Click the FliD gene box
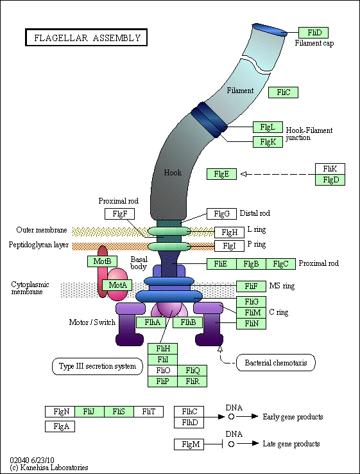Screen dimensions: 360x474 (313, 33)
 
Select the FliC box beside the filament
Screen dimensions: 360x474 (283, 92)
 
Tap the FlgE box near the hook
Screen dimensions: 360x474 (221, 174)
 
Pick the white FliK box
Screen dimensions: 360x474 (330, 169)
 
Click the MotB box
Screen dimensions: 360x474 (102, 261)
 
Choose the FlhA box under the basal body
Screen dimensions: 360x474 (151, 322)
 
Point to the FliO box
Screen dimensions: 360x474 (162, 371)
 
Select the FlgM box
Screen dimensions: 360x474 (189, 444)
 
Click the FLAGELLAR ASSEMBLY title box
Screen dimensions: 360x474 (87, 37)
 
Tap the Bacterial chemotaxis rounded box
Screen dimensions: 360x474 (275, 362)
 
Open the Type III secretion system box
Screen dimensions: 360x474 (98, 366)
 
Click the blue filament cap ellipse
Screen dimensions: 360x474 (270, 30)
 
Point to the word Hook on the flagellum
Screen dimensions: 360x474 (173, 173)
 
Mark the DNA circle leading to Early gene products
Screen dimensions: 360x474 (231, 417)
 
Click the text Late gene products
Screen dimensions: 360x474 (291, 444)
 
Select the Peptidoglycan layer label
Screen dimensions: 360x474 (39, 245)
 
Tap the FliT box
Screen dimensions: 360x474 (149, 412)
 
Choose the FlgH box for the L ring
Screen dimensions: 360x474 (229, 233)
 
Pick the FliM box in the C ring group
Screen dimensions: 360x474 (251, 313)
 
